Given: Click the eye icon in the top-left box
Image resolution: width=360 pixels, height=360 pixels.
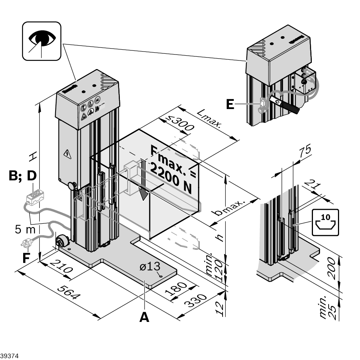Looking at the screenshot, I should tap(41, 40).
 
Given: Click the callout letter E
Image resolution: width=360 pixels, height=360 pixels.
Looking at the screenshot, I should tap(230, 104).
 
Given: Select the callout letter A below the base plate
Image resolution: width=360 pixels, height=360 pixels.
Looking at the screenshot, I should tap(144, 317).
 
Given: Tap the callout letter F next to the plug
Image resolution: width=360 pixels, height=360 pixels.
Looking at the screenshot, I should tap(25, 258).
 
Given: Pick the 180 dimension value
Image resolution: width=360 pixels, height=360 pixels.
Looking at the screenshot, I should tap(181, 288).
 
